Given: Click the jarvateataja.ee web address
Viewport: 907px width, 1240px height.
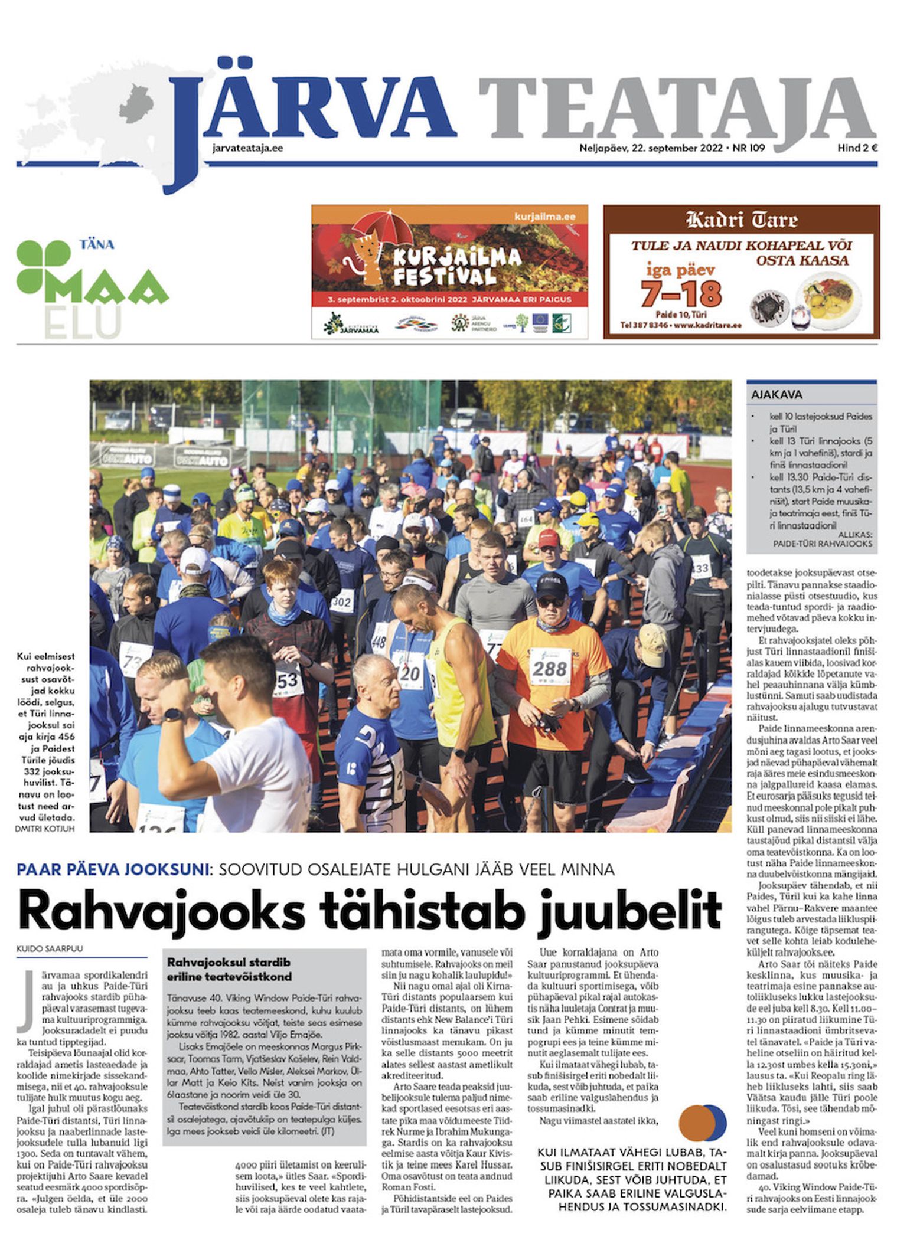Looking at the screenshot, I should [247, 148].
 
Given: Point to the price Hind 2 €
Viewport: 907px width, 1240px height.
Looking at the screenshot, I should [857, 148].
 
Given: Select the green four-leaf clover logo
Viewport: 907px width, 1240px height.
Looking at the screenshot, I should [43, 266].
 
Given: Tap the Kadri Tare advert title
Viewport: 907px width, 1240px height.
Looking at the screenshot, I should [741, 221].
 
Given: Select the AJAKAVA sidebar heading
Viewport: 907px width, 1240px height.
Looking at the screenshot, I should [777, 395].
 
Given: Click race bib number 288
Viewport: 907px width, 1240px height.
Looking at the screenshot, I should [549, 669].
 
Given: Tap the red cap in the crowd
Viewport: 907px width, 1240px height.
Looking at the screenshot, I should [548, 538].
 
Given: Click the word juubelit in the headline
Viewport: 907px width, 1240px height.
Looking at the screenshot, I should [629, 911].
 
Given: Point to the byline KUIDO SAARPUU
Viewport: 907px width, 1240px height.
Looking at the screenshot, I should [50, 948].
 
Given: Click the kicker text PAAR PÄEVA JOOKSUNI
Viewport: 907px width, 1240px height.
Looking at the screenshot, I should [113, 869].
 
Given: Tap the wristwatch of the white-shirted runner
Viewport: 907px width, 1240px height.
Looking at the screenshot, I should [172, 715].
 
